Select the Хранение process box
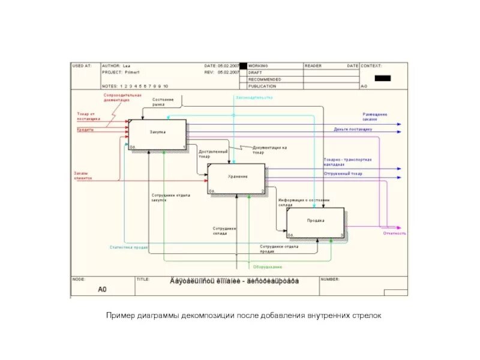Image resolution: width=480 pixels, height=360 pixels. tap(236, 178)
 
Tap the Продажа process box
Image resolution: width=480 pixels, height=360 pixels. tap(316, 221)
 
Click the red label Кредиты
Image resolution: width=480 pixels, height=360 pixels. tap(85, 129)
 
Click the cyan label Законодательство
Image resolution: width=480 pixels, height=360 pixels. tap(254, 97)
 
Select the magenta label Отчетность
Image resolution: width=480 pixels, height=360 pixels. tap(395, 233)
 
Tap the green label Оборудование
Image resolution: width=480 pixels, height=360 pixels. tap(268, 266)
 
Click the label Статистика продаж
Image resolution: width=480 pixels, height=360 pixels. tap(129, 247)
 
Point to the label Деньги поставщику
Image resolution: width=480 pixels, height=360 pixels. tap(353, 129)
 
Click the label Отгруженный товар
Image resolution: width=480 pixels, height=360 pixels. tap(343, 173)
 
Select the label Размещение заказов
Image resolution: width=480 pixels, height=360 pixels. tap(375, 116)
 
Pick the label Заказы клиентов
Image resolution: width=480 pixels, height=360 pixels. tap(81, 176)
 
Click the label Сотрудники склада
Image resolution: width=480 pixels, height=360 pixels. tap(224, 230)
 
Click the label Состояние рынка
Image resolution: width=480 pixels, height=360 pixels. tap(163, 101)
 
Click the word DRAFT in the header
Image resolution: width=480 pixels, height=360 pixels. tap(255, 72)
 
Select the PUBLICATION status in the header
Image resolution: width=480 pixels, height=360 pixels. tap(260, 86)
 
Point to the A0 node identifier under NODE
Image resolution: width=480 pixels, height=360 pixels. tap(102, 289)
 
